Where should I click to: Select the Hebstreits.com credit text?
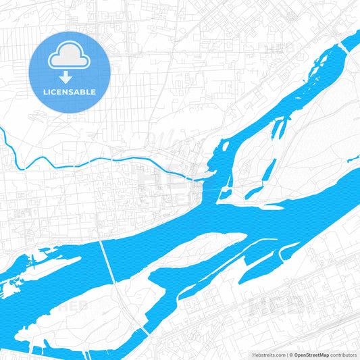tap(267, 355)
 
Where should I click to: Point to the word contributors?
tap(344, 355)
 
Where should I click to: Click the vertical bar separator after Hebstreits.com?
tap(286, 355)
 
